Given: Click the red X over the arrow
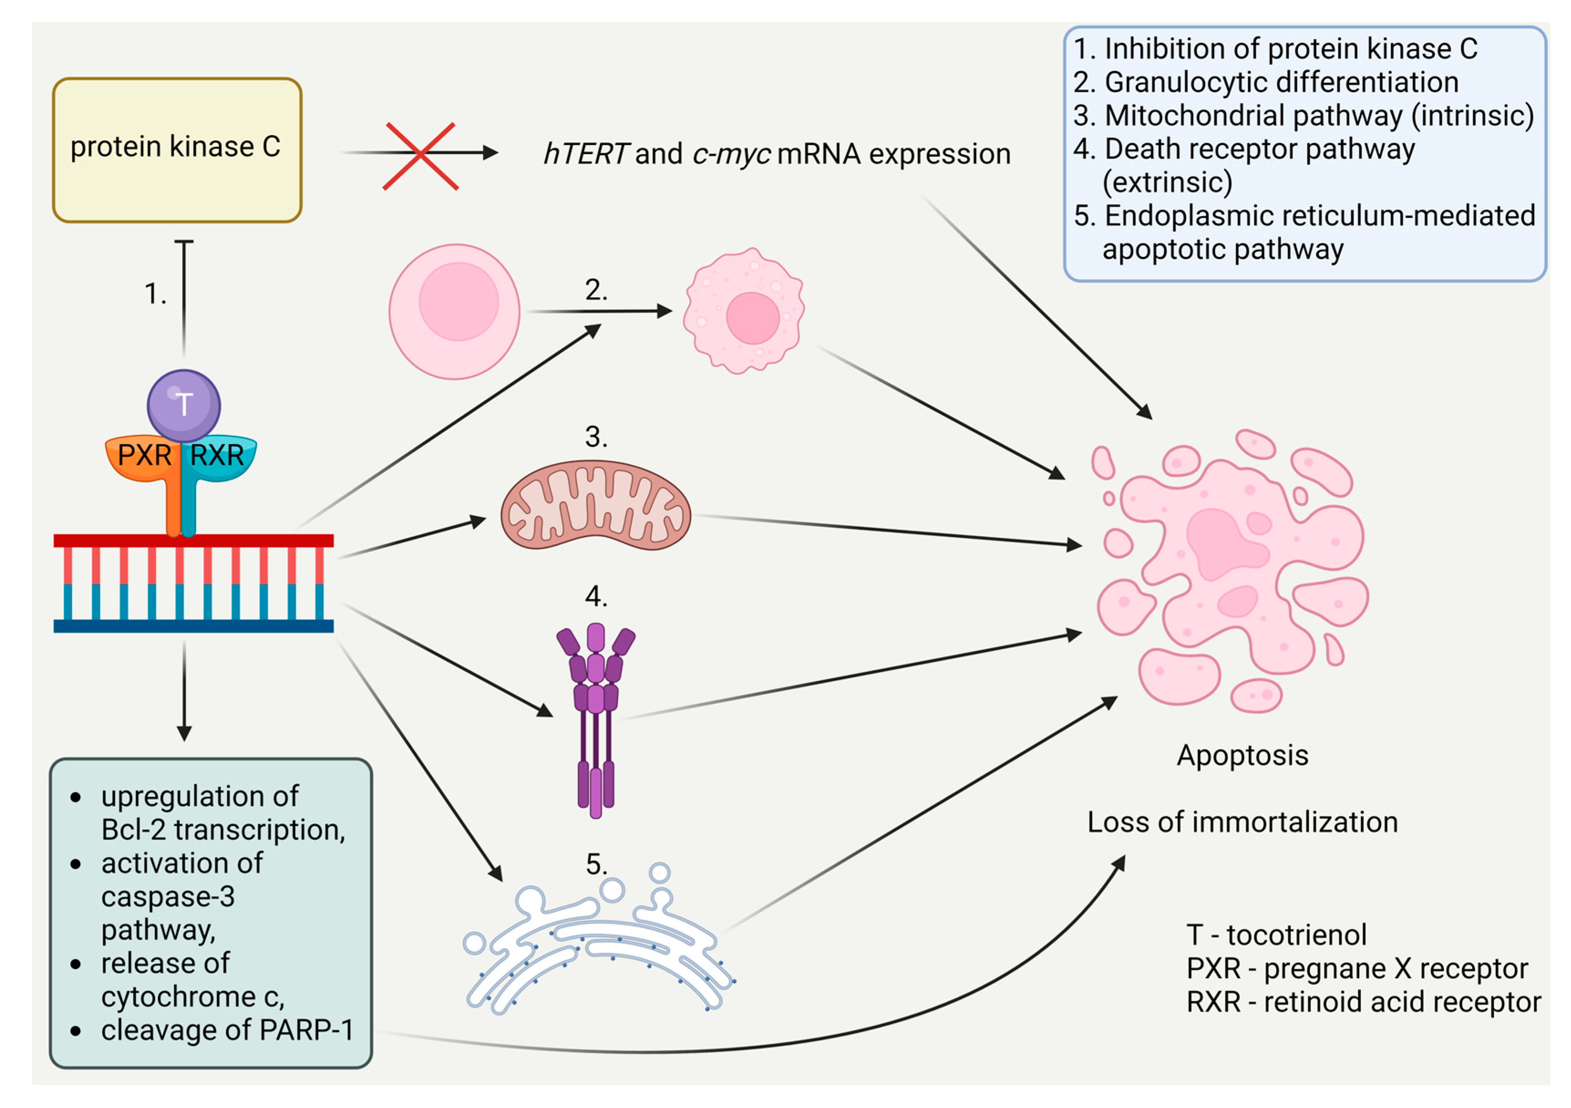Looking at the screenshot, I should (420, 155).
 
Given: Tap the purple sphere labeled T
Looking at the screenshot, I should (183, 405).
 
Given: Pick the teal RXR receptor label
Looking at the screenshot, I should (217, 456).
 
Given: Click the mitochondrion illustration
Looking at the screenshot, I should (596, 505).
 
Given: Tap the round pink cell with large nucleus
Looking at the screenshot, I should (454, 311).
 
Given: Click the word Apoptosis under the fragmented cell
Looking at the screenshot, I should (1242, 756).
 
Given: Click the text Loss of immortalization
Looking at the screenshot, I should (1242, 823).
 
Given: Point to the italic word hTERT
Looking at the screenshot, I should (585, 154).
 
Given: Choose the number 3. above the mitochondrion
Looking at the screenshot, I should (596, 437).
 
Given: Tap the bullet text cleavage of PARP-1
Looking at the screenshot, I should (227, 1030).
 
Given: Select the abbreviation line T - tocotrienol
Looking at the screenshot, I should (1276, 935).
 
